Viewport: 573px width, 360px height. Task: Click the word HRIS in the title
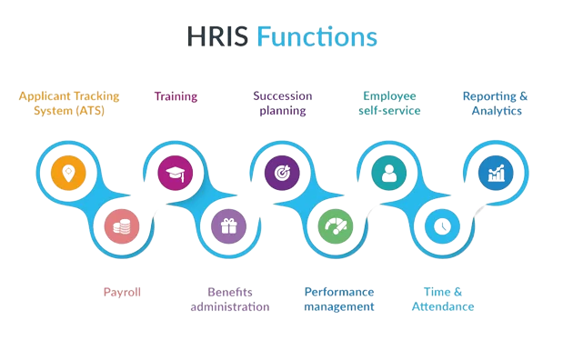(x=217, y=36)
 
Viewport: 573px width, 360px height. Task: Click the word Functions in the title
(x=316, y=36)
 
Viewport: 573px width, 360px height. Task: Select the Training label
(x=176, y=95)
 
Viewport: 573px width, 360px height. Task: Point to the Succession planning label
(x=281, y=103)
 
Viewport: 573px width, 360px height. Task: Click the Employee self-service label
(x=391, y=103)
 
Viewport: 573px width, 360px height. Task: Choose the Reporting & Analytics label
(x=496, y=103)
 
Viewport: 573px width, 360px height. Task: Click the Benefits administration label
(x=229, y=299)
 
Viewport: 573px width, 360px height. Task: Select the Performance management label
(x=338, y=299)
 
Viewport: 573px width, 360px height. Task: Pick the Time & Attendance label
(x=443, y=299)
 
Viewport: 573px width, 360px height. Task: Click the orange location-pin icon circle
(x=66, y=172)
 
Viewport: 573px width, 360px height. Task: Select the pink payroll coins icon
(x=121, y=225)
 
